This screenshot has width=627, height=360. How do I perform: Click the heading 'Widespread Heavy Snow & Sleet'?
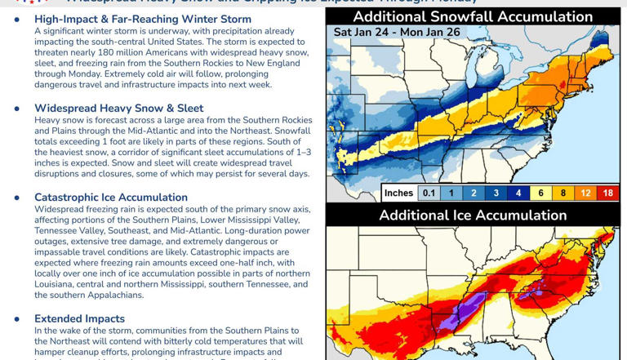119,109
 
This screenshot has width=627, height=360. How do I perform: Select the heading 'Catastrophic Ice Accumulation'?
111,198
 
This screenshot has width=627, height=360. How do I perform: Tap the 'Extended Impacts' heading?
79,319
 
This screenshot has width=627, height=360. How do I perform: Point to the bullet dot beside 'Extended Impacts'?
17,319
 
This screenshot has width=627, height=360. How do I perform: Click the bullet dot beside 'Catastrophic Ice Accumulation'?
17,198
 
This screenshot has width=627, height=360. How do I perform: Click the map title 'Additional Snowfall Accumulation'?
473,17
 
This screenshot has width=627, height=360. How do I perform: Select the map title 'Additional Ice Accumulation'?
473,216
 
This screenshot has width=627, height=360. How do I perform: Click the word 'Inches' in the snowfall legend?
398,193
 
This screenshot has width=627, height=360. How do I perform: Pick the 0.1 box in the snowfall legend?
428,193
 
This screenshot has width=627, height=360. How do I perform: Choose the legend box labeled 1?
451,193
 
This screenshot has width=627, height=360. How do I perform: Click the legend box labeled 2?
474,193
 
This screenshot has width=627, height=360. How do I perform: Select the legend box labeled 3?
496,193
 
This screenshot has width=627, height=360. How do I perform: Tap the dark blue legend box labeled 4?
518,193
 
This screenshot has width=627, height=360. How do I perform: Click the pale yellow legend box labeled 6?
541,193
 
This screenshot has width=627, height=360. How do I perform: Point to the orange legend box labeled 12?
586,193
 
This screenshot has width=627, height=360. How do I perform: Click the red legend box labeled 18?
608,193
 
